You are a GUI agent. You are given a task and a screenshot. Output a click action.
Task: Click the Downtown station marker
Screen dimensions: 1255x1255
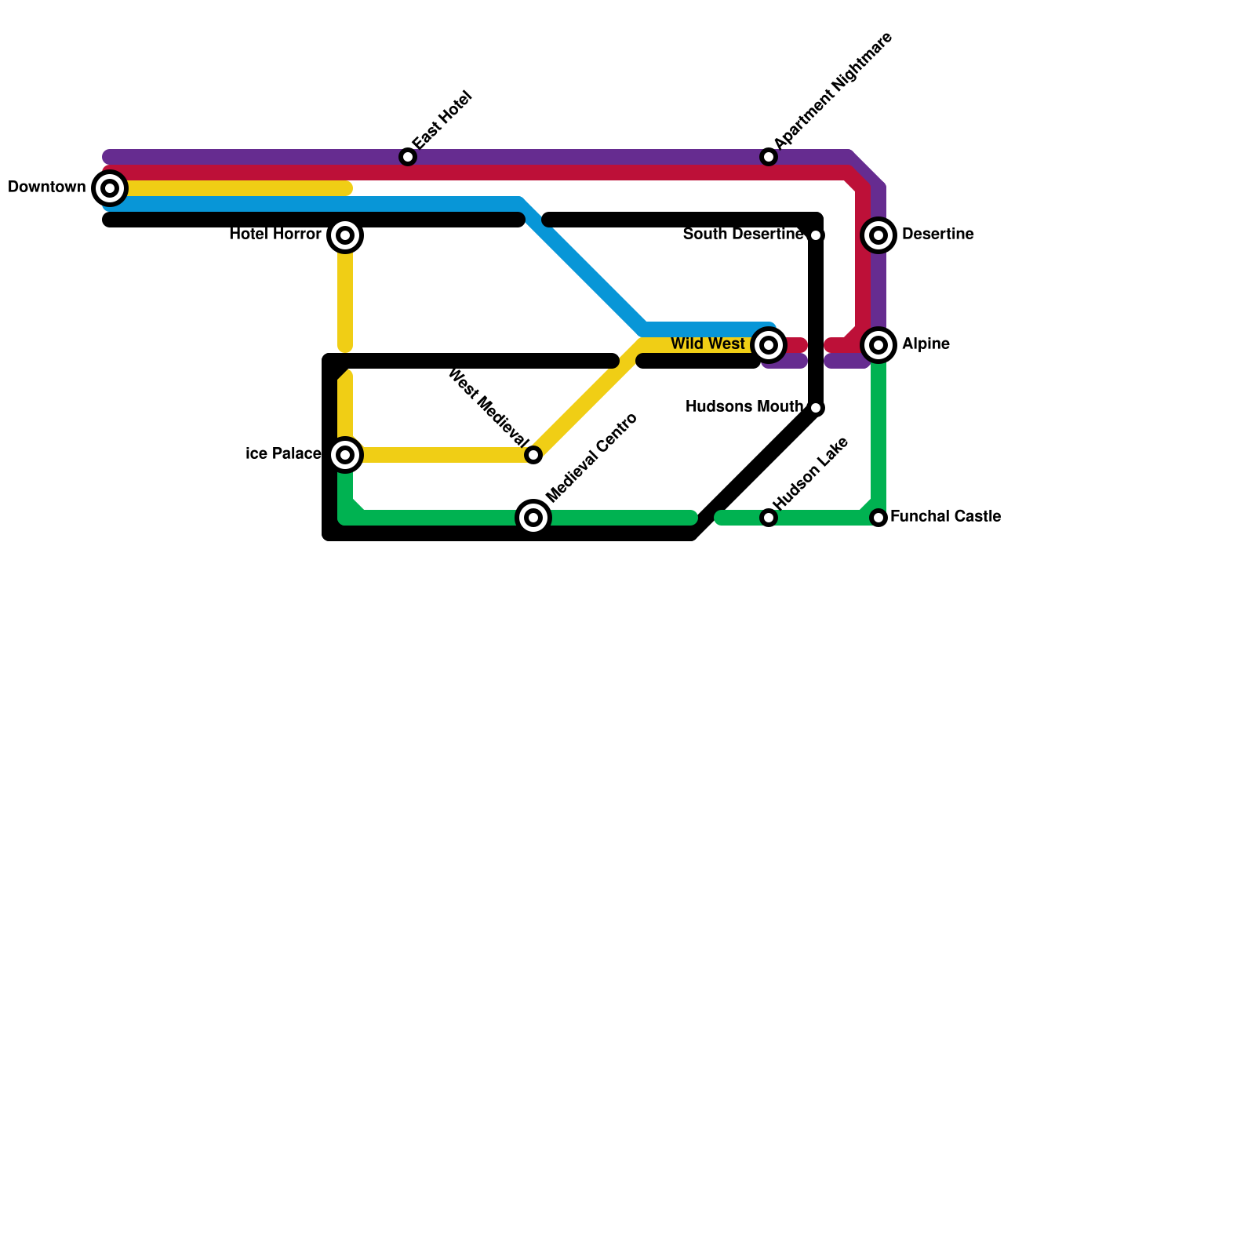110,188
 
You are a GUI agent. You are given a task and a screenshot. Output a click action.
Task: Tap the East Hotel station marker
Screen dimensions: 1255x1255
408,157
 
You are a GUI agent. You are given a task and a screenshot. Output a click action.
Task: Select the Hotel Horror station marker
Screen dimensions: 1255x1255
345,235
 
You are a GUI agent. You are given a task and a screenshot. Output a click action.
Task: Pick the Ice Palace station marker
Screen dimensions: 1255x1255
345,455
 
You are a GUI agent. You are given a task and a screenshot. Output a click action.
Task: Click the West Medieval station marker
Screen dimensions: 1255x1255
533,455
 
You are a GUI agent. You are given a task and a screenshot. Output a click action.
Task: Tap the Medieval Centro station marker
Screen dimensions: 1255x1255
533,518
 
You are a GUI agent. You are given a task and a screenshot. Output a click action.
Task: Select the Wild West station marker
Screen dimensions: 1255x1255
769,345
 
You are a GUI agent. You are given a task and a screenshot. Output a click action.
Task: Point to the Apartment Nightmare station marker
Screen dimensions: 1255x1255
769,157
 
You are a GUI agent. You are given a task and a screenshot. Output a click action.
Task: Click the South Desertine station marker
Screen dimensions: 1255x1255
816,235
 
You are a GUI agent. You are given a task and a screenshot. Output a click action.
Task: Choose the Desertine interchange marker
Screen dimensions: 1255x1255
878,235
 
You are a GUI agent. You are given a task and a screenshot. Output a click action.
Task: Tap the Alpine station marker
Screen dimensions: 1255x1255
878,345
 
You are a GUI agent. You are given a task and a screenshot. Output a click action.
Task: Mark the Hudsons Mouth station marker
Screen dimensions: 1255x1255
816,408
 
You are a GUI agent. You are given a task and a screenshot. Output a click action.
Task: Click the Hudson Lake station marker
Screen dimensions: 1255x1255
769,518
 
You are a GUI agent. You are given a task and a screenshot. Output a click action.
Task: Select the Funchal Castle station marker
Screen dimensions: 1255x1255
878,518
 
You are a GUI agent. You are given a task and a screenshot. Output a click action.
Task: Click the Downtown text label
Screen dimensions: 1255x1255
46,187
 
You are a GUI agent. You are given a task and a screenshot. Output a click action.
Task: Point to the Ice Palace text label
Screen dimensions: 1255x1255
283,454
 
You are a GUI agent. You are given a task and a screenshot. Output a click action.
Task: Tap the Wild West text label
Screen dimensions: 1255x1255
708,344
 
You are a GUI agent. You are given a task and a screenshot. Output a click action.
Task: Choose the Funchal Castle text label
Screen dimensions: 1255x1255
945,517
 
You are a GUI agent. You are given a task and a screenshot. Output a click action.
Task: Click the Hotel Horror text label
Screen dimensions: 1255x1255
275,235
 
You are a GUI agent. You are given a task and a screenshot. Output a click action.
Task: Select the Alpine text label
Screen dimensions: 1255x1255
926,344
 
